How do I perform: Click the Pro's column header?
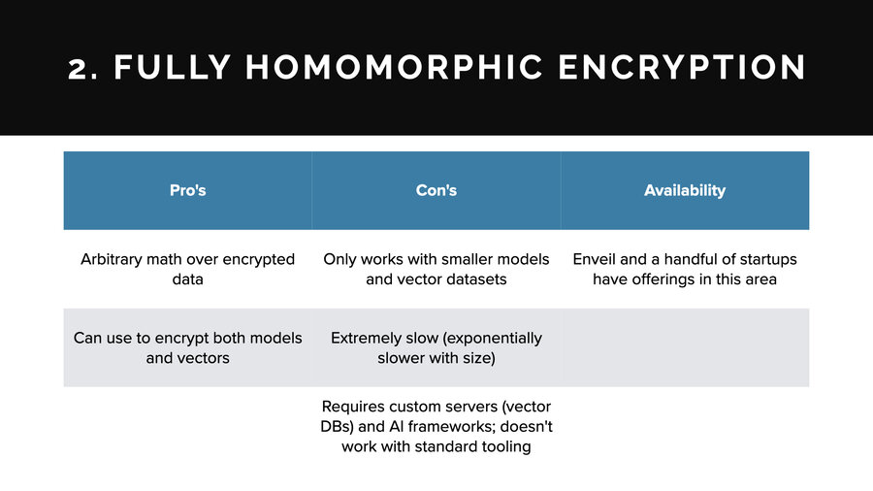187,190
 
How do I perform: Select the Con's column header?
436,190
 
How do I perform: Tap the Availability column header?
685,190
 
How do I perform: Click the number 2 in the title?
79,68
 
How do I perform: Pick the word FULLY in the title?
174,67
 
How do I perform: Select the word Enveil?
598,259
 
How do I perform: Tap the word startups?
765,259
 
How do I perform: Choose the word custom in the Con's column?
416,407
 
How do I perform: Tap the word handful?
697,259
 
